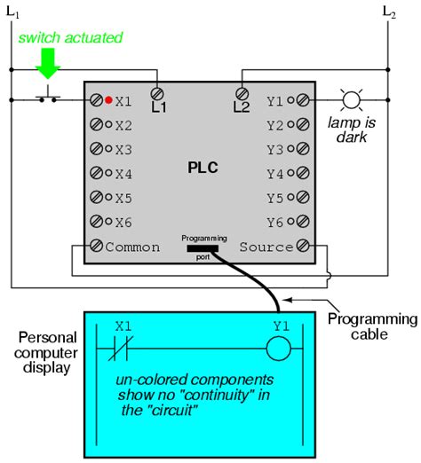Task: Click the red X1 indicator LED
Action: tap(108, 100)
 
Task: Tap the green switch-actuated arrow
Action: tap(48, 64)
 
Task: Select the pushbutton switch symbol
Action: tap(48, 95)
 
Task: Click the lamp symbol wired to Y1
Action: tap(352, 100)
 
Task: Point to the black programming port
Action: tap(203, 248)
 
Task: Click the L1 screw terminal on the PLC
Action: tap(157, 94)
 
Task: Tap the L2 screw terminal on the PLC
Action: tap(242, 94)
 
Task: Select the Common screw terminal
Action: tap(96, 246)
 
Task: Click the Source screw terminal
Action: tap(303, 246)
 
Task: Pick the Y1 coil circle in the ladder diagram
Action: tap(278, 349)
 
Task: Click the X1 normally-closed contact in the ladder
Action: tap(121, 349)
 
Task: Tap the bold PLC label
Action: tap(203, 168)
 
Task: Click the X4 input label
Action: tap(123, 174)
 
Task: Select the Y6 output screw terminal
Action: tap(303, 221)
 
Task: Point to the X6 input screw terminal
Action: tap(96, 221)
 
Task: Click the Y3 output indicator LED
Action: tap(291, 149)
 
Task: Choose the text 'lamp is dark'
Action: tap(352, 129)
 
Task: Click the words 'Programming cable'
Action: tap(372, 326)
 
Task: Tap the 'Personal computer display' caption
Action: tap(46, 353)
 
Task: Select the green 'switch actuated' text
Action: tap(70, 38)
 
